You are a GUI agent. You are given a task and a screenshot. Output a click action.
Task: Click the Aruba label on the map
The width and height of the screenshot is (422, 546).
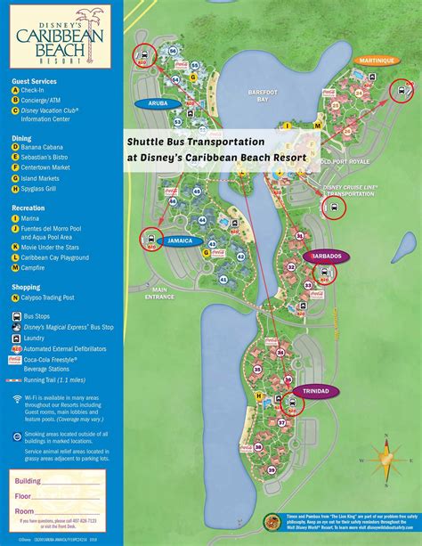click(151, 103)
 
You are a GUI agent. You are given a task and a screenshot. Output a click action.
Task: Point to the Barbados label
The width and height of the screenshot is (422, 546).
click(323, 256)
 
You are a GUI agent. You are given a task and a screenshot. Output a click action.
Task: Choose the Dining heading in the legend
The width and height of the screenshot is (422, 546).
click(21, 138)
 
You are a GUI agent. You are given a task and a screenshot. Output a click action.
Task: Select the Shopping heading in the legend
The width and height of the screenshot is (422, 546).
click(27, 288)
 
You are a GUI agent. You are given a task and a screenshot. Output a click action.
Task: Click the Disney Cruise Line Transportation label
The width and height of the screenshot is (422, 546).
click(350, 191)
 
